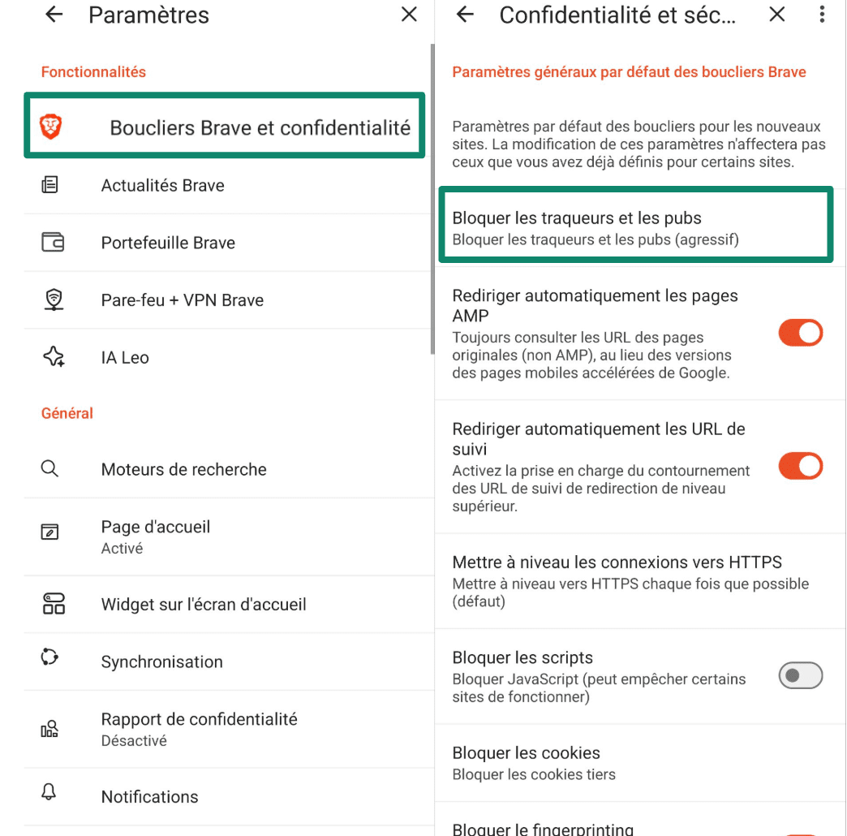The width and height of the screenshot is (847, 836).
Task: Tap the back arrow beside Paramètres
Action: click(54, 15)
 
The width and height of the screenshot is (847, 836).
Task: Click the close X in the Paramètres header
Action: click(410, 15)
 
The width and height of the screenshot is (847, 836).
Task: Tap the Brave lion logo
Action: click(51, 126)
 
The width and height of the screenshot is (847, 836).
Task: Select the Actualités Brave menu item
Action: click(162, 185)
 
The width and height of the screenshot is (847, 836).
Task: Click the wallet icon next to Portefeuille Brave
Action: click(53, 242)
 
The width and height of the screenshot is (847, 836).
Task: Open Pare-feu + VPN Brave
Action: click(183, 299)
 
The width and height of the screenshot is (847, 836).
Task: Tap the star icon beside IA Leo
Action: click(54, 357)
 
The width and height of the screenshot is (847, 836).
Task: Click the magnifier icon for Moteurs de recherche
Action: click(50, 469)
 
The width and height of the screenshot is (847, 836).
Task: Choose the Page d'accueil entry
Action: click(155, 527)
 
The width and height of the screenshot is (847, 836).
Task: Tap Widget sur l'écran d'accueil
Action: click(204, 604)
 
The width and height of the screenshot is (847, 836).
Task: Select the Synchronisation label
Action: click(161, 661)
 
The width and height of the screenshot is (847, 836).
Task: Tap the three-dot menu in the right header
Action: click(823, 15)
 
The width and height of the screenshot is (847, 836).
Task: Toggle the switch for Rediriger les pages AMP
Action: click(800, 333)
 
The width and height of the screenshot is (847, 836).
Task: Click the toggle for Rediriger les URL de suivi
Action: click(800, 466)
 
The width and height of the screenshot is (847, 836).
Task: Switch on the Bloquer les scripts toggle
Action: click(800, 675)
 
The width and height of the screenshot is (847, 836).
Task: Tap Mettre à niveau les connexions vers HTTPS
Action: click(617, 562)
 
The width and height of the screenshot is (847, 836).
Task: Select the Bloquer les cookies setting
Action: click(526, 752)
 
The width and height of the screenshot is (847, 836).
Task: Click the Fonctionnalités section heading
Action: click(93, 71)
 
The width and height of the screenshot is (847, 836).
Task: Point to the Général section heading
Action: click(67, 413)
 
